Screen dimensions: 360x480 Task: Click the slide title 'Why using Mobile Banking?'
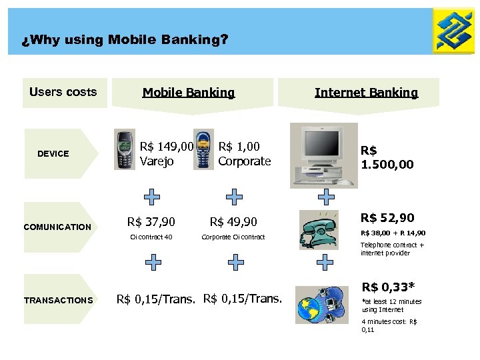pyautogui.click(x=125, y=40)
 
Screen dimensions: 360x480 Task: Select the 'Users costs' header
pyautogui.click(x=63, y=92)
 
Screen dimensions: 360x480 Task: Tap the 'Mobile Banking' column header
pyautogui.click(x=189, y=93)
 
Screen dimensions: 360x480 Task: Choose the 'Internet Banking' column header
pyautogui.click(x=366, y=93)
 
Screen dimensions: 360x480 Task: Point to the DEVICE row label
pyautogui.click(x=53, y=153)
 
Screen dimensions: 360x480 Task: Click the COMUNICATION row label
pyautogui.click(x=57, y=227)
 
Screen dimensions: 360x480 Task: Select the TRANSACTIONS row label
pyautogui.click(x=59, y=300)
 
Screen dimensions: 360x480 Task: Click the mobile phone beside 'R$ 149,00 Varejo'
pyautogui.click(x=125, y=150)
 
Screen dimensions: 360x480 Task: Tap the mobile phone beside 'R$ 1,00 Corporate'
pyautogui.click(x=204, y=150)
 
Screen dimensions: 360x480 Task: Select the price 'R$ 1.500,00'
pyautogui.click(x=387, y=157)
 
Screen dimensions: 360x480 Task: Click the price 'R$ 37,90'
pyautogui.click(x=151, y=221)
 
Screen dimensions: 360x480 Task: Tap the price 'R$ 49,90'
pyautogui.click(x=234, y=221)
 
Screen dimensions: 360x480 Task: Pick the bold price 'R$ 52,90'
pyautogui.click(x=387, y=217)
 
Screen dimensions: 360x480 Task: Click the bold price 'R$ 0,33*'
pyautogui.click(x=388, y=287)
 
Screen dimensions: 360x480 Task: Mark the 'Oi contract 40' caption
pyautogui.click(x=151, y=237)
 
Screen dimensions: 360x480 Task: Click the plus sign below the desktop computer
pyautogui.click(x=326, y=196)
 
